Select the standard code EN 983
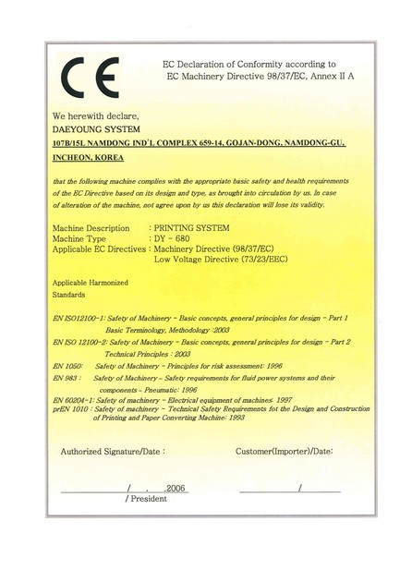[67, 378]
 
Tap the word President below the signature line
[148, 499]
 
